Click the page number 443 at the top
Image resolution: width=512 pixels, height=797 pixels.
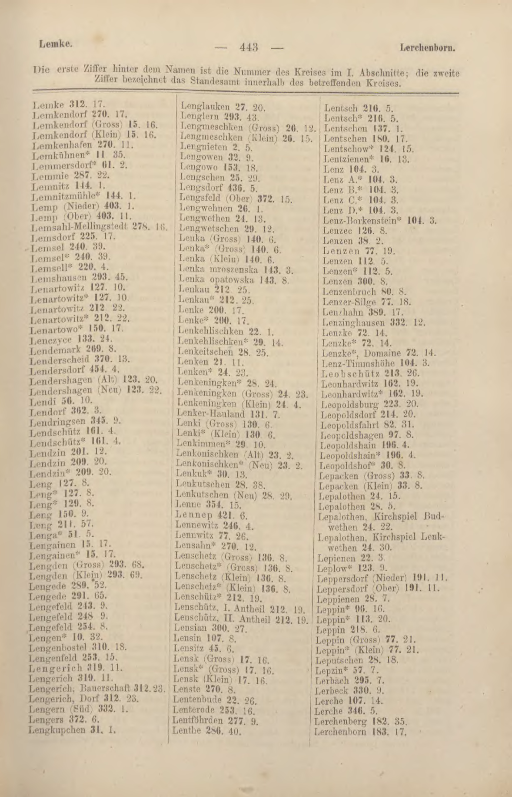249,47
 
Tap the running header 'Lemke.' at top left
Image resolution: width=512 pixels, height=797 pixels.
55,44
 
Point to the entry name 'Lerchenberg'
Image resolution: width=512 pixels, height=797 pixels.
341,721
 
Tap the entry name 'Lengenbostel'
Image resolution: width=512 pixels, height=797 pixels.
56,647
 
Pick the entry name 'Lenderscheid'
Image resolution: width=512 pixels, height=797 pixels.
59,360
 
